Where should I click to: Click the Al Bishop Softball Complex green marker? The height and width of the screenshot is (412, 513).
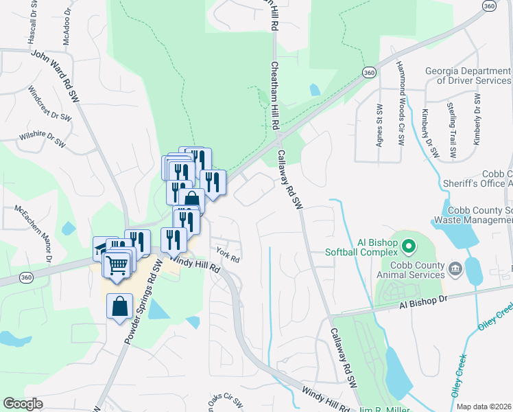(x=409, y=245)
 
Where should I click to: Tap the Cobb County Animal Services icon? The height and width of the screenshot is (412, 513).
(x=455, y=267)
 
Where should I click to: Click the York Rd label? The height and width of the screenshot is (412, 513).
(x=227, y=255)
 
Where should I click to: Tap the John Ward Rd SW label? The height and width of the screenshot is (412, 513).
(x=56, y=76)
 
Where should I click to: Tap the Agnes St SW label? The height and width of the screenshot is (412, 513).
(x=379, y=125)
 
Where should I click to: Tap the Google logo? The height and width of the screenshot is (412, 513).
(x=23, y=404)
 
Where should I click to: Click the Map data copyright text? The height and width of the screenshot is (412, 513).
(x=484, y=407)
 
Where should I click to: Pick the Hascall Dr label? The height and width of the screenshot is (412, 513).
(x=32, y=25)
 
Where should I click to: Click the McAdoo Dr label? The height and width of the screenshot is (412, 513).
(x=67, y=27)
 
